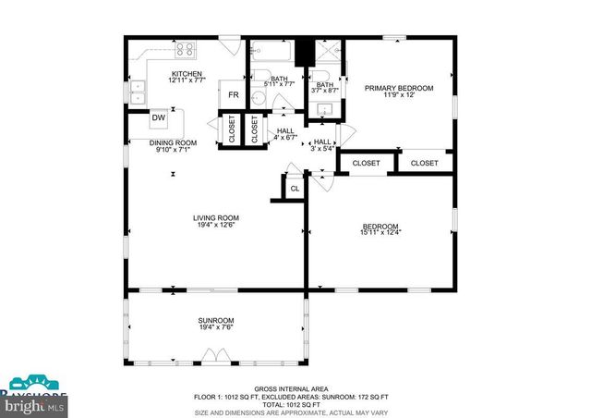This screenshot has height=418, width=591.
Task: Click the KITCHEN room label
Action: [x=187, y=74]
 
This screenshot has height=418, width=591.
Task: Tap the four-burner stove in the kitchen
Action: [x=184, y=51]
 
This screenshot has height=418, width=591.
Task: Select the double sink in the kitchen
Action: [x=139, y=92]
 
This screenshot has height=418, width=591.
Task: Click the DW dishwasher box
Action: [x=159, y=117]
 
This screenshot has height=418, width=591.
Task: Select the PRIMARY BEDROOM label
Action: [x=398, y=89]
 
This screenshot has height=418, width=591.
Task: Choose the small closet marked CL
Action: [x=295, y=189]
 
